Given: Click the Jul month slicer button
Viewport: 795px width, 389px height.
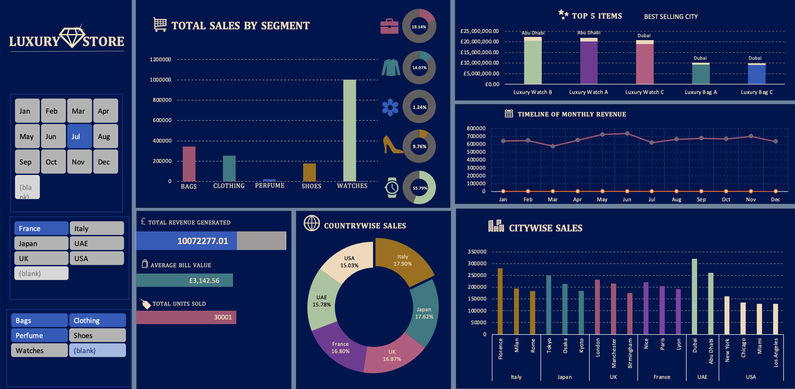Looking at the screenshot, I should [x=79, y=136].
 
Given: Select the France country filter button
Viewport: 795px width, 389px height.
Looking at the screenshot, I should [x=41, y=228].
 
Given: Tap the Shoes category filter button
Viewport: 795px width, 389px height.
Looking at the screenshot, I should [x=97, y=335].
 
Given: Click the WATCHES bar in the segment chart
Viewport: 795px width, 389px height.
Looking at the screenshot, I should [x=350, y=131].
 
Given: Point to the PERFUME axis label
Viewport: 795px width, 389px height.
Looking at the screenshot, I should [x=270, y=186].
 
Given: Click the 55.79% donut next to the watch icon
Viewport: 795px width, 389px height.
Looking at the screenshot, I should [x=419, y=188].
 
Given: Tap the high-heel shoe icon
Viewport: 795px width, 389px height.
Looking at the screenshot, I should [x=392, y=145].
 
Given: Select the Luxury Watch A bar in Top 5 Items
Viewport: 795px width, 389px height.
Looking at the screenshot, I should [x=589, y=62].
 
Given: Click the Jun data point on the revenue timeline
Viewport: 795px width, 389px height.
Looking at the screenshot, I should [x=627, y=133].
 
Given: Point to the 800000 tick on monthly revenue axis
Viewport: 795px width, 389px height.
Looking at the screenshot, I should [x=476, y=128].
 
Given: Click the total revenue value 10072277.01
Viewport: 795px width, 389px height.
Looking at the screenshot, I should [x=203, y=241].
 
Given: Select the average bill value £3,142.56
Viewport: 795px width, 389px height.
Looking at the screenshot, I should [x=204, y=281].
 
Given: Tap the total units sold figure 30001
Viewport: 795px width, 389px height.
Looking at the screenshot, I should [x=223, y=317].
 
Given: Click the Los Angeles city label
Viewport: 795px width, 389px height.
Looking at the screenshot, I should [x=775, y=352].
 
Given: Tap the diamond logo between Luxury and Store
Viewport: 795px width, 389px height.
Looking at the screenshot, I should [x=72, y=37].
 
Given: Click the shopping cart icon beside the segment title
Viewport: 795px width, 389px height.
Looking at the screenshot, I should [x=160, y=24].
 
